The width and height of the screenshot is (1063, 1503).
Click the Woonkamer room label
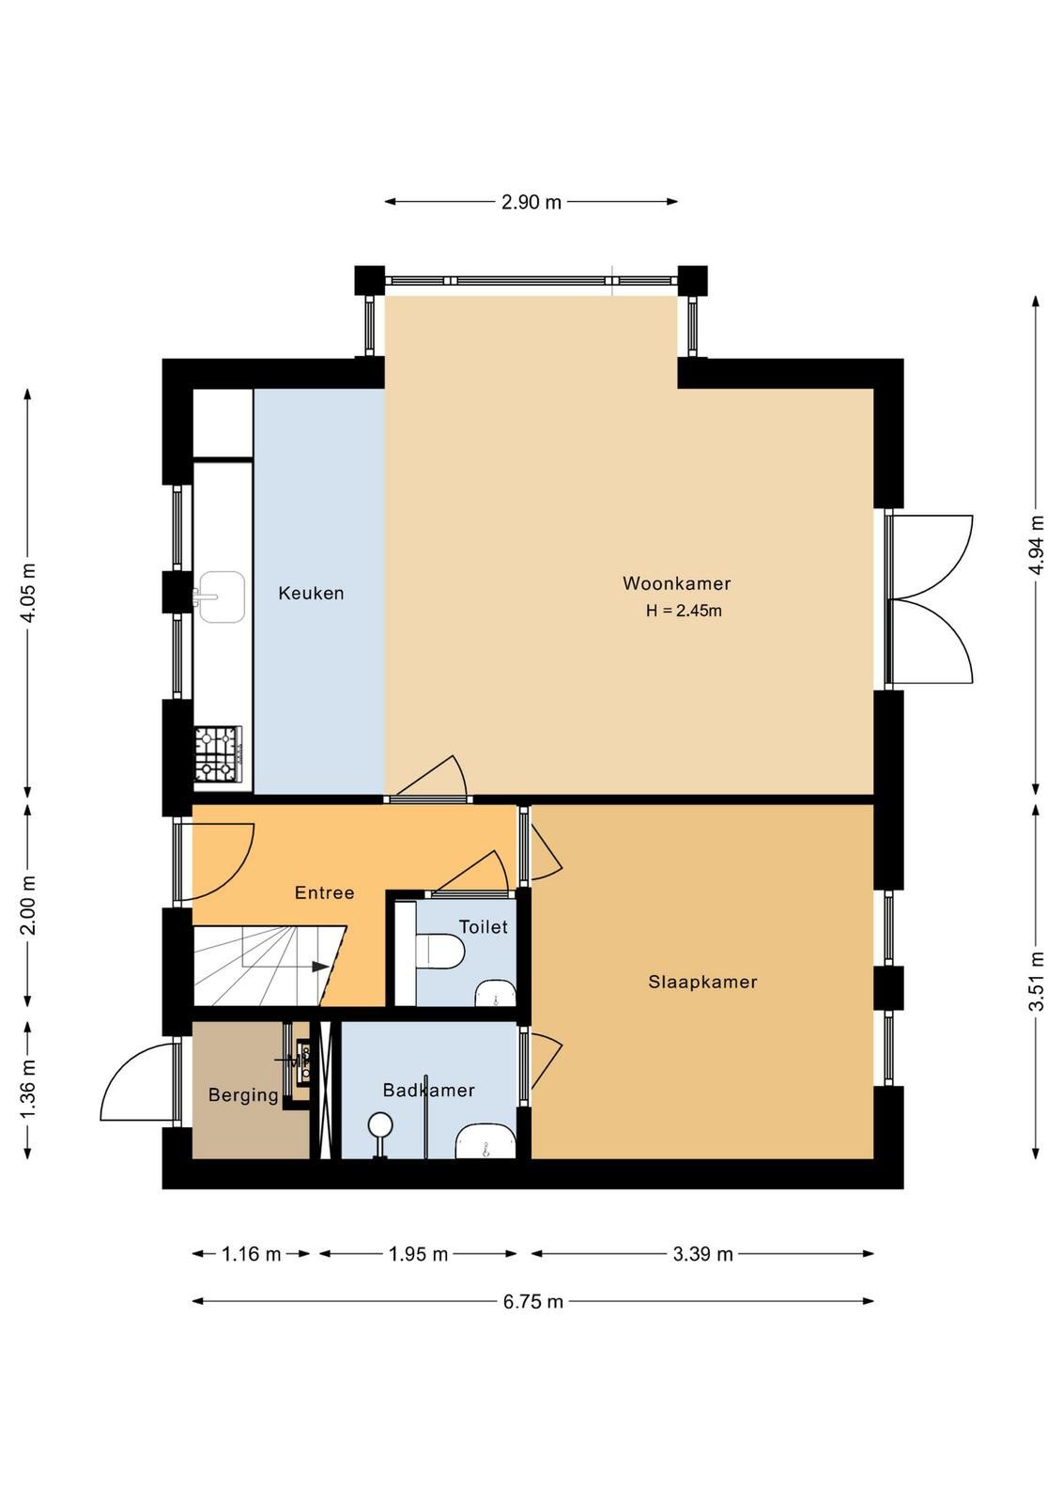[x=676, y=583]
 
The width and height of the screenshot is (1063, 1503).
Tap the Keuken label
[x=311, y=593]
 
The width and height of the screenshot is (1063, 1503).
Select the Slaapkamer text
[x=702, y=982]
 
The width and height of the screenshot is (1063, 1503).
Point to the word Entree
[x=325, y=892]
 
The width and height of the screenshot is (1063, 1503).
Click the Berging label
[x=243, y=1095]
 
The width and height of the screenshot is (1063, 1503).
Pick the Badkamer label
[x=428, y=1091]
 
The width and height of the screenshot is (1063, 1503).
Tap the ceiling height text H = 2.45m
[x=684, y=611]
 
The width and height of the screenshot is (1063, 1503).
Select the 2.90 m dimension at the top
[x=531, y=202]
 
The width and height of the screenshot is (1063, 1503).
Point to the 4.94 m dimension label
[x=1036, y=544]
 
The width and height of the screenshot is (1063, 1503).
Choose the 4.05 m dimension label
[x=28, y=593]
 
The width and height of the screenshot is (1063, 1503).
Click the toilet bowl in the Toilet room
[x=440, y=953]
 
